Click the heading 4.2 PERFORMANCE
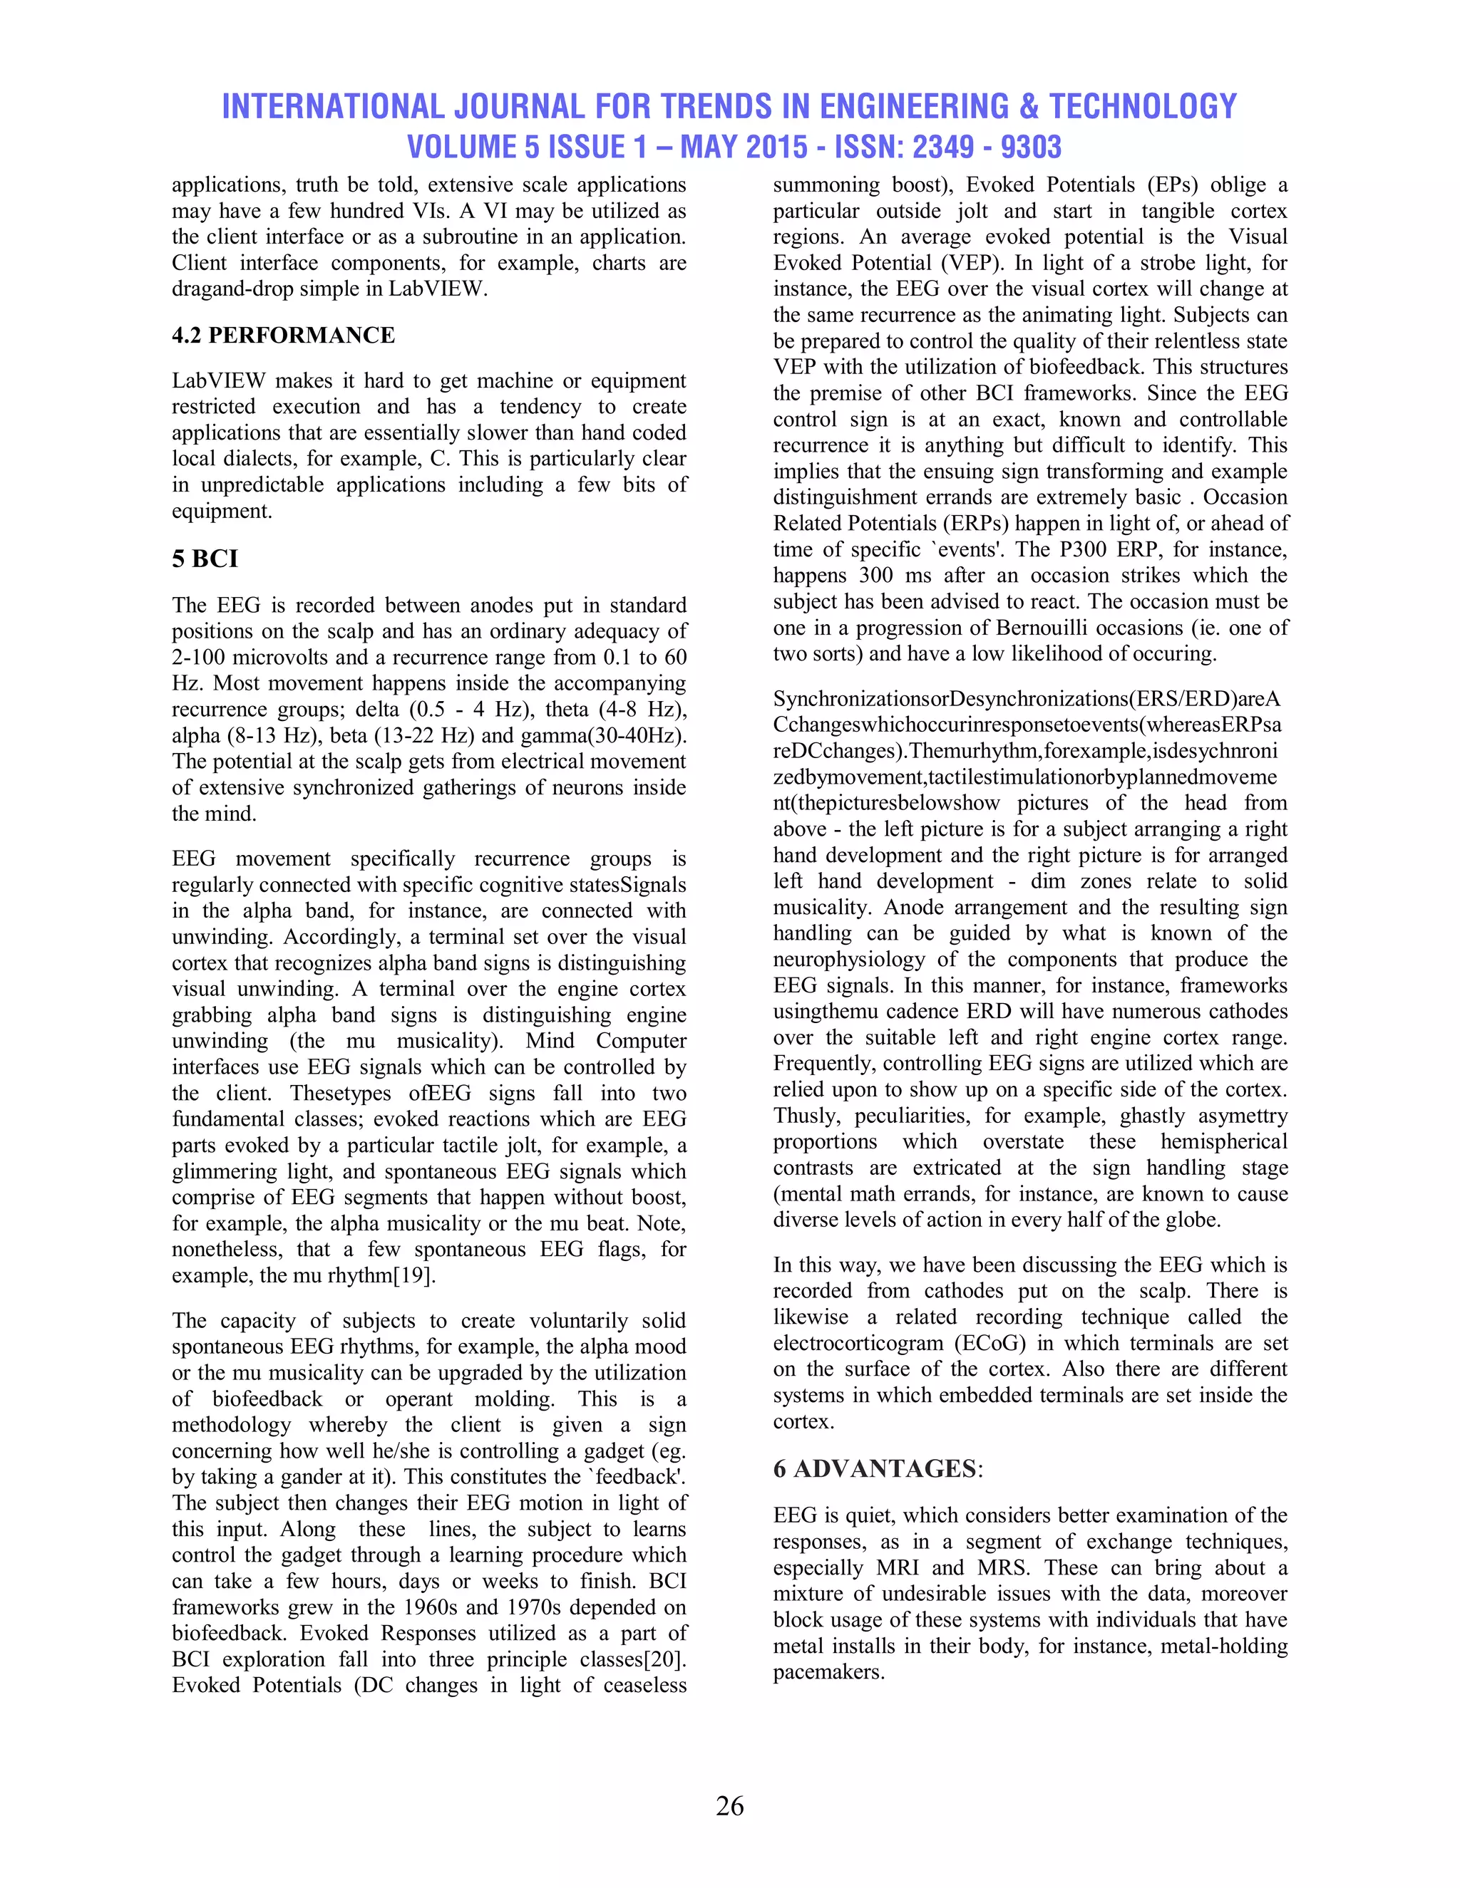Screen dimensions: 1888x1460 283,336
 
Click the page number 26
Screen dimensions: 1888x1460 729,1806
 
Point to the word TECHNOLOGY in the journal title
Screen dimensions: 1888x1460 1143,106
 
